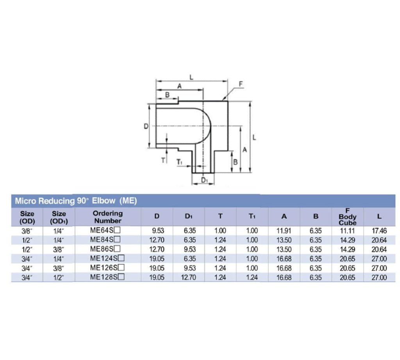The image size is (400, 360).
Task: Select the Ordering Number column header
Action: pyautogui.click(x=107, y=217)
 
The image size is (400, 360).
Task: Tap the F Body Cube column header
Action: pyautogui.click(x=347, y=217)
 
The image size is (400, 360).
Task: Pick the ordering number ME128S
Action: pyautogui.click(x=104, y=277)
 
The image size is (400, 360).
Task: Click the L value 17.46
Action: pyautogui.click(x=379, y=231)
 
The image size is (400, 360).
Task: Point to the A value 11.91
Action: pyautogui.click(x=284, y=231)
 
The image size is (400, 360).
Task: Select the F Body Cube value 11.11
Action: pyautogui.click(x=347, y=231)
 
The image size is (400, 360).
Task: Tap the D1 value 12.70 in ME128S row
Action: pyautogui.click(x=189, y=278)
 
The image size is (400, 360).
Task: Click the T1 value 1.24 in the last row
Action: pyautogui.click(x=252, y=278)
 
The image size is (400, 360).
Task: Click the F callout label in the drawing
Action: pyautogui.click(x=241, y=84)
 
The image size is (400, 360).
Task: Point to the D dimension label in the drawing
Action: pyautogui.click(x=145, y=126)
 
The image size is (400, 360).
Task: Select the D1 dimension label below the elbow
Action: pyautogui.click(x=204, y=180)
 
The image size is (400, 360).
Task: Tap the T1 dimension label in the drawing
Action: pyautogui.click(x=179, y=162)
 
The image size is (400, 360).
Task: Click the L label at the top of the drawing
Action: pyautogui.click(x=191, y=77)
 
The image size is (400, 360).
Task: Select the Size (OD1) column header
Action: pyautogui.click(x=59, y=217)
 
